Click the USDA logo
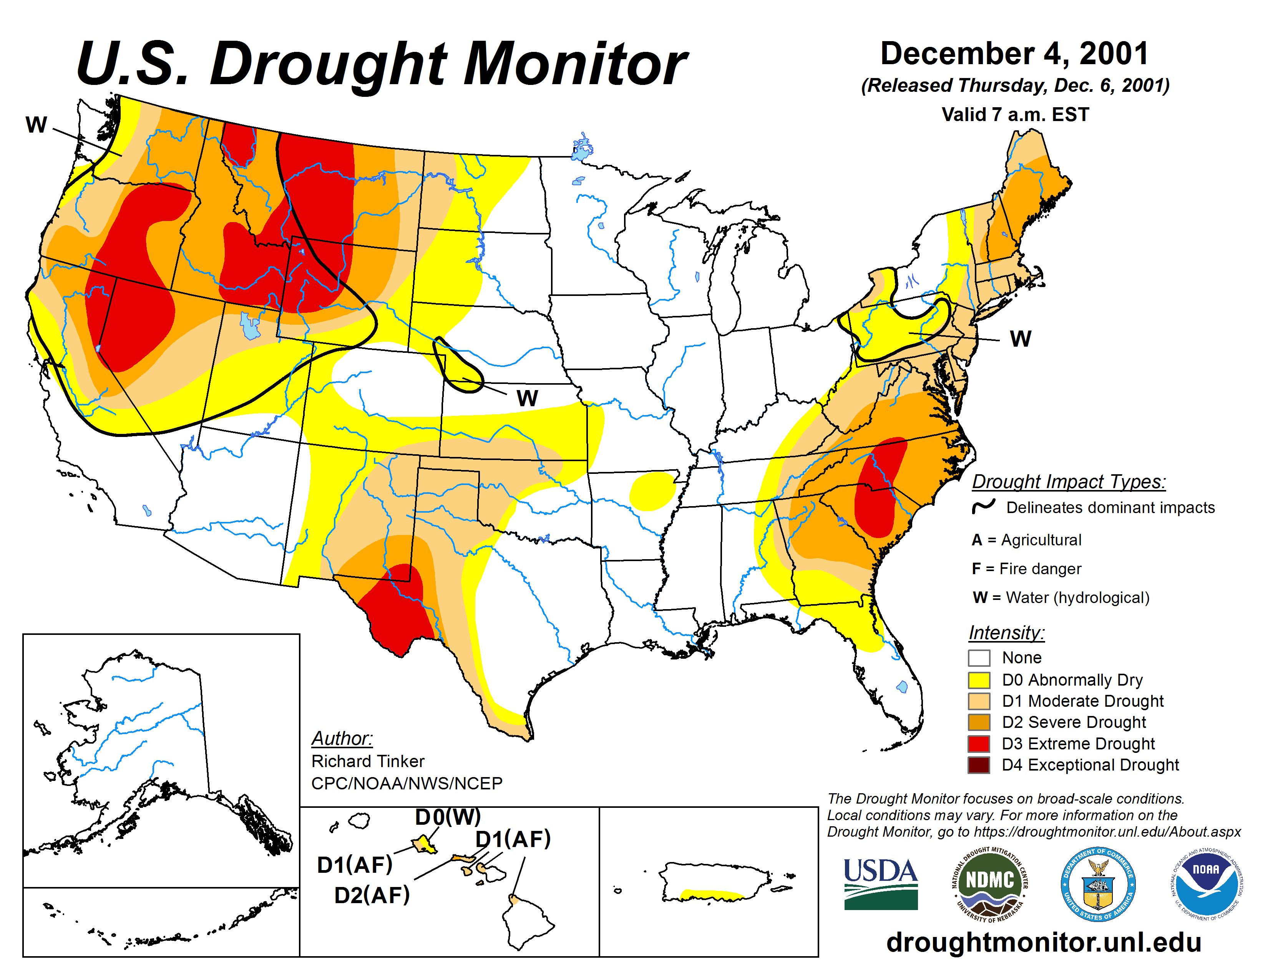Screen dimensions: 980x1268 pos(880,884)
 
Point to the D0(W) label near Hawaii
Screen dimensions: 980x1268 pos(448,817)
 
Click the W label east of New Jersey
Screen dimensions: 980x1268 pos(1021,339)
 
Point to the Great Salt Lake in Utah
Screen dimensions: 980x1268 pos(250,326)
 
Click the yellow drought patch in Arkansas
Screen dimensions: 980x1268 pos(653,491)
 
